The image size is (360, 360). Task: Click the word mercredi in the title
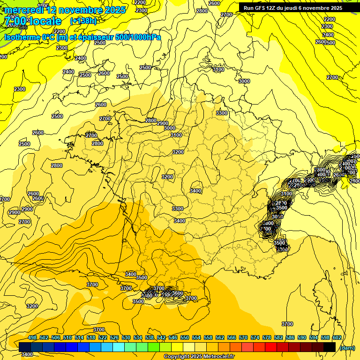pos(23,10)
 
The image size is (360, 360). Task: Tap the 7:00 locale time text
pos(32,22)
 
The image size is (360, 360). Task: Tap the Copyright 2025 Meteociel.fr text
pos(199,357)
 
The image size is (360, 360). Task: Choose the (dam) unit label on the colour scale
pos(347,347)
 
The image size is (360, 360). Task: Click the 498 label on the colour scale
pos(32,337)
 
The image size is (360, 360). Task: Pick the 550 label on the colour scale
pos(185,337)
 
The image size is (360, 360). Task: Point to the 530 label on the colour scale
pos(126,337)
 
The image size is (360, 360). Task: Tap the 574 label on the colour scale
pos(255,337)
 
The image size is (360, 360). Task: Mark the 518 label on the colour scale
pos(91,337)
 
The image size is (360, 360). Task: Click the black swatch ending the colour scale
pos(330,347)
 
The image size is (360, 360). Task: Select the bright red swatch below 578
pos(271,347)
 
